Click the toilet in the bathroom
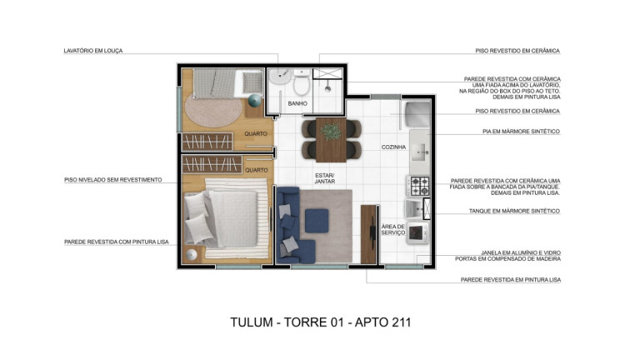coord(302,82)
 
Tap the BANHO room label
coord(297,103)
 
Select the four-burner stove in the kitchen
coord(419,186)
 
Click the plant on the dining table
coord(331,132)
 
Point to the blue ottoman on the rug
coord(317,220)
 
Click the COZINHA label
coord(393,147)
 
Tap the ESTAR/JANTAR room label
coord(324,178)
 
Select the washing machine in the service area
coord(417,232)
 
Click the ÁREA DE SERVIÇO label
coord(393,229)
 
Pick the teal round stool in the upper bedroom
coord(254,100)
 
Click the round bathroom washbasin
coord(280,76)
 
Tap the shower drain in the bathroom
coord(327,88)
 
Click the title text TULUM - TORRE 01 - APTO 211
coord(320,322)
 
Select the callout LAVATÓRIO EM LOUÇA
coord(93,51)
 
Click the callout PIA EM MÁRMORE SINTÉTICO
coord(521,132)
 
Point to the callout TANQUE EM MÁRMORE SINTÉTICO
coord(514,211)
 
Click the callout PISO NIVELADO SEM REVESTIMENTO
coord(113,180)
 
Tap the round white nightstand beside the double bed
coord(192,255)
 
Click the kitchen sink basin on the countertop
coord(420,152)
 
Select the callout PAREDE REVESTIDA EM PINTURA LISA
coord(511,280)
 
